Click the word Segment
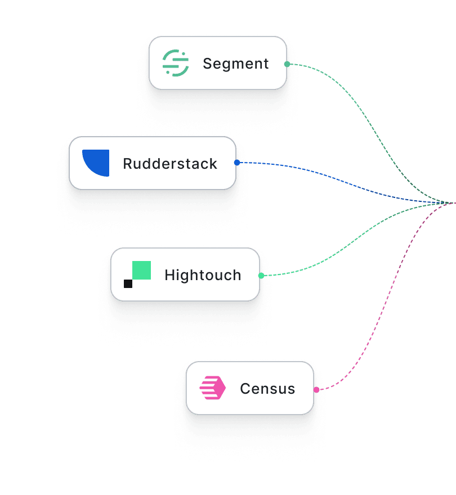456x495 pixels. tap(236, 64)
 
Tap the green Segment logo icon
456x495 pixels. tap(175, 63)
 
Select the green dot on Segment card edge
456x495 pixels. tap(287, 64)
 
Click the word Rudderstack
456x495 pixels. tap(170, 164)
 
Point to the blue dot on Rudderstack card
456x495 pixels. tap(237, 163)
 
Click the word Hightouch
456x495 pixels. tap(203, 275)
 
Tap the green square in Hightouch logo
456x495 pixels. tap(141, 270)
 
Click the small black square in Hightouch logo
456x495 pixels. tap(128, 283)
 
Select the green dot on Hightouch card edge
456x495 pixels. tap(261, 276)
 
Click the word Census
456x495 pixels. tap(267, 389)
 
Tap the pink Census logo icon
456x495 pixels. tap(213, 388)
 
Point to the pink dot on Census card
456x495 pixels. tap(316, 389)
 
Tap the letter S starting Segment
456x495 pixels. tap(207, 64)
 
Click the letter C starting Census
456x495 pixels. tap(244, 389)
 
